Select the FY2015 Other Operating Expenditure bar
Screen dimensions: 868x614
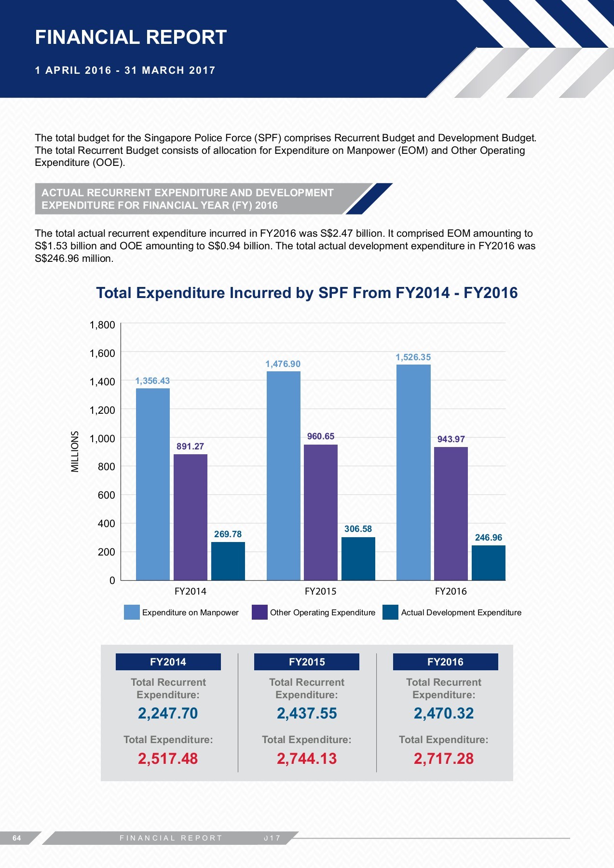click(x=321, y=512)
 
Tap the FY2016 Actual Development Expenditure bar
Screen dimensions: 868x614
click(x=488, y=563)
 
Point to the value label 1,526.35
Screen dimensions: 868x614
click(x=413, y=357)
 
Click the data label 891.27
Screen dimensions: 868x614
click(x=190, y=447)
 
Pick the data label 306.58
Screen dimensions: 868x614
click(x=358, y=529)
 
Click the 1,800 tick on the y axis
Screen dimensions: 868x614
click(x=102, y=325)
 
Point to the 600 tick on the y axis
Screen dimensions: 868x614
click(x=106, y=495)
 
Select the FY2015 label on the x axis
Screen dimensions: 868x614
click(x=320, y=591)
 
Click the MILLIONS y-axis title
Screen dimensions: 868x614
click(x=75, y=451)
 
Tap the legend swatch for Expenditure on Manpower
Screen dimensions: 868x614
click(x=132, y=612)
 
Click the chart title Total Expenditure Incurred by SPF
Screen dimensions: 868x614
click(x=307, y=293)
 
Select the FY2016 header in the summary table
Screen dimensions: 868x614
click(x=445, y=662)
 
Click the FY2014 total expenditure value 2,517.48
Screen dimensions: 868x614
click(x=168, y=759)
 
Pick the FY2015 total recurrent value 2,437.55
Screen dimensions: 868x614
click(x=307, y=713)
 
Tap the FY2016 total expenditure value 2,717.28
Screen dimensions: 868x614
click(x=444, y=759)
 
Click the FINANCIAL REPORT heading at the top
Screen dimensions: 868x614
click(x=131, y=37)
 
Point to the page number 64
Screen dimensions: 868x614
click(x=17, y=838)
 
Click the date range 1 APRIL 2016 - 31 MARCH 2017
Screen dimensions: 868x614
click(x=125, y=70)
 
